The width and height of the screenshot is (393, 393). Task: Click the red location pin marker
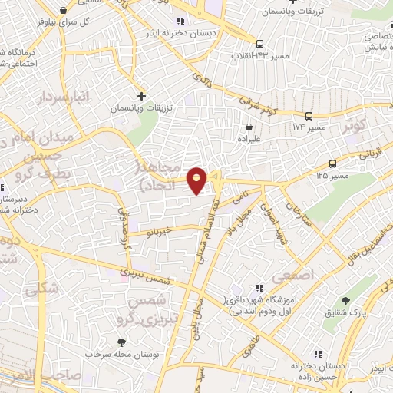click(197, 181)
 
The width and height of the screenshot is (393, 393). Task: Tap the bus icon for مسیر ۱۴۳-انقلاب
click(261, 44)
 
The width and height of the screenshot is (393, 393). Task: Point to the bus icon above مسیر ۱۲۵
click(332, 163)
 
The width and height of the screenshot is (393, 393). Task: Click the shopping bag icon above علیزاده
click(249, 127)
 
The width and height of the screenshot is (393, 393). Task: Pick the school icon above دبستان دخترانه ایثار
click(180, 21)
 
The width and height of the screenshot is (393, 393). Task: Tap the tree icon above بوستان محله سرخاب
click(121, 342)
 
